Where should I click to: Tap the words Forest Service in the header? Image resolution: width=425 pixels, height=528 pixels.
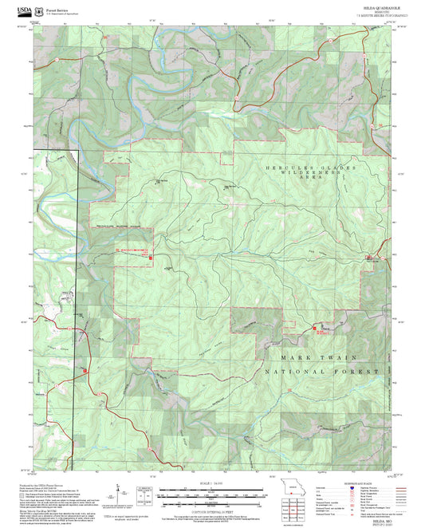57,10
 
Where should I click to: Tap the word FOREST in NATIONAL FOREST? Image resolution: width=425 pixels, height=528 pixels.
355,372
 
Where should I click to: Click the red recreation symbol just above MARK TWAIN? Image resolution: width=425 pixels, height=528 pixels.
315,328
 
